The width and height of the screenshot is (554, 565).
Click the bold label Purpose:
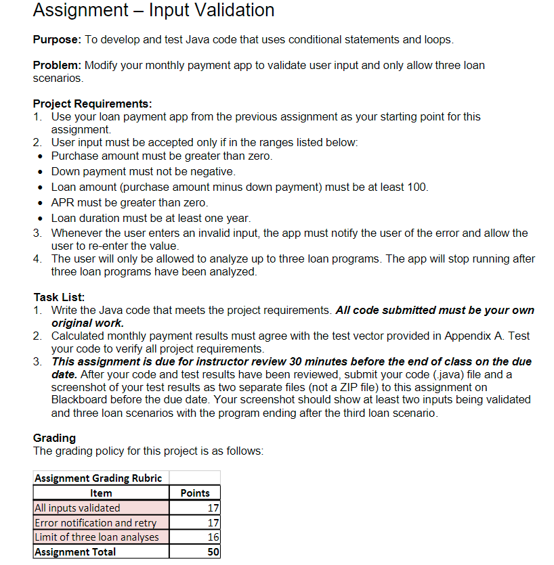[58, 40]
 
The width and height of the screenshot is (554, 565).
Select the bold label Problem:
[58, 66]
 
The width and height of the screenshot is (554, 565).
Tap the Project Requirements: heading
[92, 104]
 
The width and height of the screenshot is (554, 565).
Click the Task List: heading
[59, 297]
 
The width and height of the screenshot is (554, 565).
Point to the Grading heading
[54, 438]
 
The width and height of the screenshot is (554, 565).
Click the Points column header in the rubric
[196, 493]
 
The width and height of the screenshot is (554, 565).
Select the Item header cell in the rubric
[101, 493]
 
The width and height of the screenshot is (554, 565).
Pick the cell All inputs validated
[77, 507]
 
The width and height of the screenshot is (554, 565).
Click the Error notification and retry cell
[95, 522]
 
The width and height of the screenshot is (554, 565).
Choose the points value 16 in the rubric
[213, 537]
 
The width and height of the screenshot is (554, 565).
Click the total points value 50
[213, 552]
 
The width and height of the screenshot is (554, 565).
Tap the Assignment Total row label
[75, 552]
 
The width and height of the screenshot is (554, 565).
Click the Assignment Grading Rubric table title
[98, 478]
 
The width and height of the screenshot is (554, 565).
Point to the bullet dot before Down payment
[41, 172]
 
